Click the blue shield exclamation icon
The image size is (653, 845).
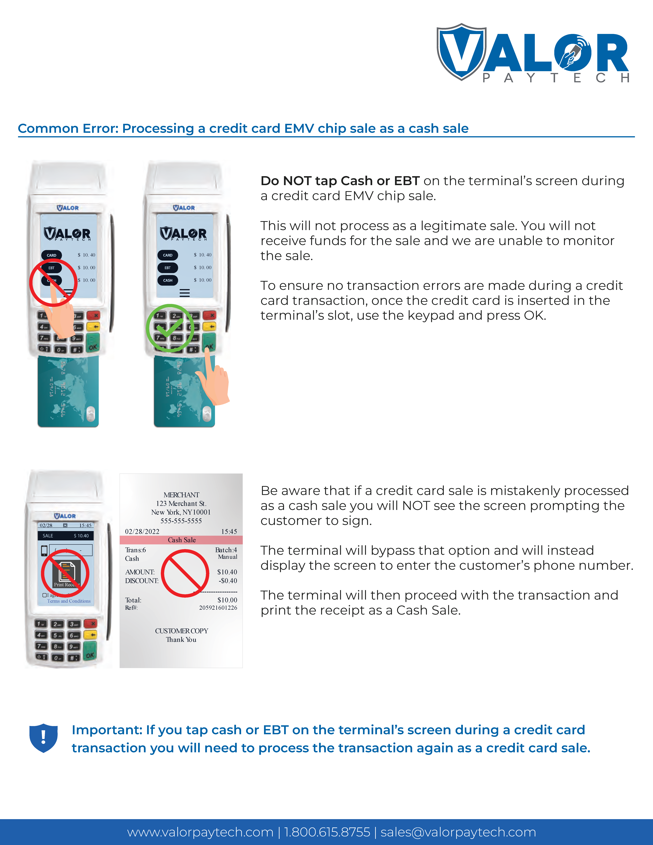point(43,738)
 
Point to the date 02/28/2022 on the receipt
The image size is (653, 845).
point(142,532)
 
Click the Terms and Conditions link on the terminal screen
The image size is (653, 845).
point(69,601)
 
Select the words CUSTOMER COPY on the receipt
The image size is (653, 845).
point(181,631)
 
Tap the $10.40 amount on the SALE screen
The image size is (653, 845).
point(81,536)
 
